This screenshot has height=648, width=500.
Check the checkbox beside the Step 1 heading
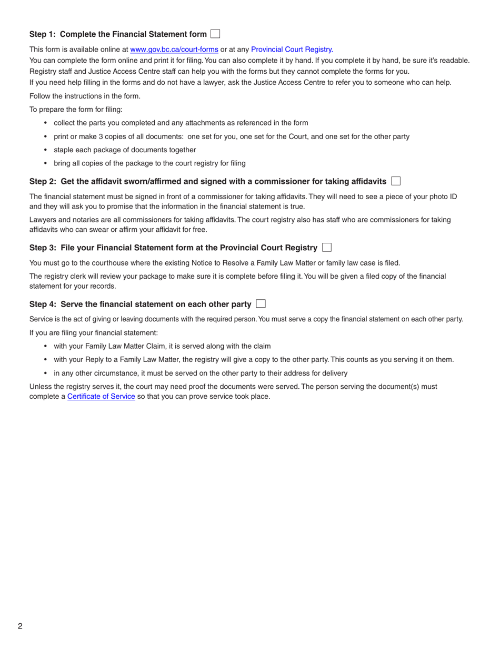[215, 34]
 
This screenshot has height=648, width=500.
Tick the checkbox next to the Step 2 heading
[396, 181]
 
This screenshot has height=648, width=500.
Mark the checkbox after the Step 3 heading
[327, 247]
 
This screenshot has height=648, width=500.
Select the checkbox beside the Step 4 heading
[261, 303]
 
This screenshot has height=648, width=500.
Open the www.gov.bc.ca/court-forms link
[174, 50]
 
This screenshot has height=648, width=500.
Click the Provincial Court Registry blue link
[291, 50]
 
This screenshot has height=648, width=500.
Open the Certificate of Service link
[101, 396]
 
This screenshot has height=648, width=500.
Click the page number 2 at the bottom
[20, 626]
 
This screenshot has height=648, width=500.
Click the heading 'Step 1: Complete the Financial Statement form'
[118, 34]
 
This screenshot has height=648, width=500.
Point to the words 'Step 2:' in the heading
[43, 181]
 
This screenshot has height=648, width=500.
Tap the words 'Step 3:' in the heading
[43, 248]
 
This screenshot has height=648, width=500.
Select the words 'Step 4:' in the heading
[43, 304]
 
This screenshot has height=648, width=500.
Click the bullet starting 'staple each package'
[125, 150]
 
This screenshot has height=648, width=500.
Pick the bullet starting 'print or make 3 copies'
[232, 136]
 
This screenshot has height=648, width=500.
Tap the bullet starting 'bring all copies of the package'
[149, 163]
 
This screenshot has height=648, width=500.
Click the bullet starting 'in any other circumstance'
[201, 373]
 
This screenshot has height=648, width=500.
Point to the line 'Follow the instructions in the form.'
[85, 96]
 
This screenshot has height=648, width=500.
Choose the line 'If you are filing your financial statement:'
[93, 332]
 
